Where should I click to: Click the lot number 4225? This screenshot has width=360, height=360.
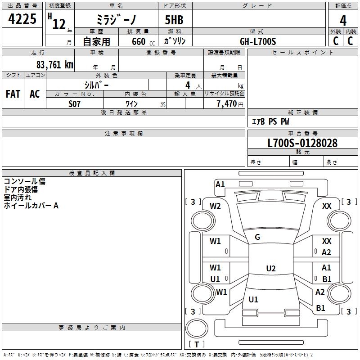click(22, 20)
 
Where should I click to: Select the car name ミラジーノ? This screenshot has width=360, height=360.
click(116, 20)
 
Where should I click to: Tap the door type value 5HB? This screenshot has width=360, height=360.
click(174, 20)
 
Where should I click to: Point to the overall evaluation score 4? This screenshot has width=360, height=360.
click(343, 20)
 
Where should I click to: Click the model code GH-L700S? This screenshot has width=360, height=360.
click(258, 41)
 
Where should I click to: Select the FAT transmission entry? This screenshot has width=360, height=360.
click(13, 94)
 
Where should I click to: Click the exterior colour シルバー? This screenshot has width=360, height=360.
click(96, 85)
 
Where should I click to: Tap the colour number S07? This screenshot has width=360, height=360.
click(75, 104)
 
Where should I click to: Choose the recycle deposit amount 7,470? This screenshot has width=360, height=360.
click(227, 104)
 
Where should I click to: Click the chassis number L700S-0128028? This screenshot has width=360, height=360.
click(302, 143)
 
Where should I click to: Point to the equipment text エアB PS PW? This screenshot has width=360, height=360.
click(270, 121)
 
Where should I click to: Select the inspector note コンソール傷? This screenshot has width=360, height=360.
click(24, 181)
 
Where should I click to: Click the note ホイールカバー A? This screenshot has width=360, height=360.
click(31, 206)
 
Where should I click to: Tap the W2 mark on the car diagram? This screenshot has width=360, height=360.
click(215, 206)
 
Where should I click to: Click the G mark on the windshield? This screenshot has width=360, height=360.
click(257, 237)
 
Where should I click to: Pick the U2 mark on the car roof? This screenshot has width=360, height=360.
click(270, 269)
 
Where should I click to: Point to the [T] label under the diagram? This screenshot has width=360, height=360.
click(196, 345)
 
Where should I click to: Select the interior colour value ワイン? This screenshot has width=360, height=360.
click(131, 104)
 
